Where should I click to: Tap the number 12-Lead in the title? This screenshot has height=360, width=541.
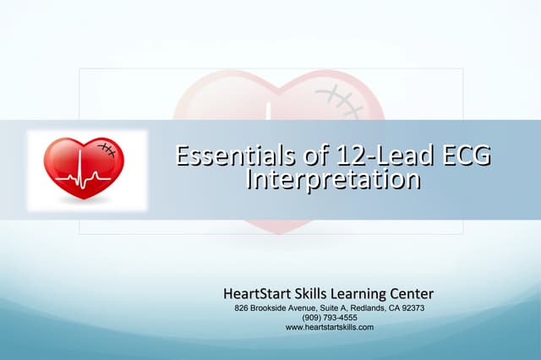pyautogui.click(x=347, y=155)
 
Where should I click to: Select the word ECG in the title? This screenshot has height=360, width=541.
pyautogui.click(x=456, y=155)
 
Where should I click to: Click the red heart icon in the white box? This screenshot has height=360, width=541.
pyautogui.click(x=84, y=168)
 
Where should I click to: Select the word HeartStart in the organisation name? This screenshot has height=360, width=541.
pyautogui.click(x=254, y=294)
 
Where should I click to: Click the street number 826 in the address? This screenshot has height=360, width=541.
pyautogui.click(x=242, y=308)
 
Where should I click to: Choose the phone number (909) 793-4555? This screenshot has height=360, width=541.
pyautogui.click(x=330, y=318)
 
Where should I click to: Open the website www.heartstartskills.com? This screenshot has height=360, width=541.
pyautogui.click(x=330, y=327)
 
